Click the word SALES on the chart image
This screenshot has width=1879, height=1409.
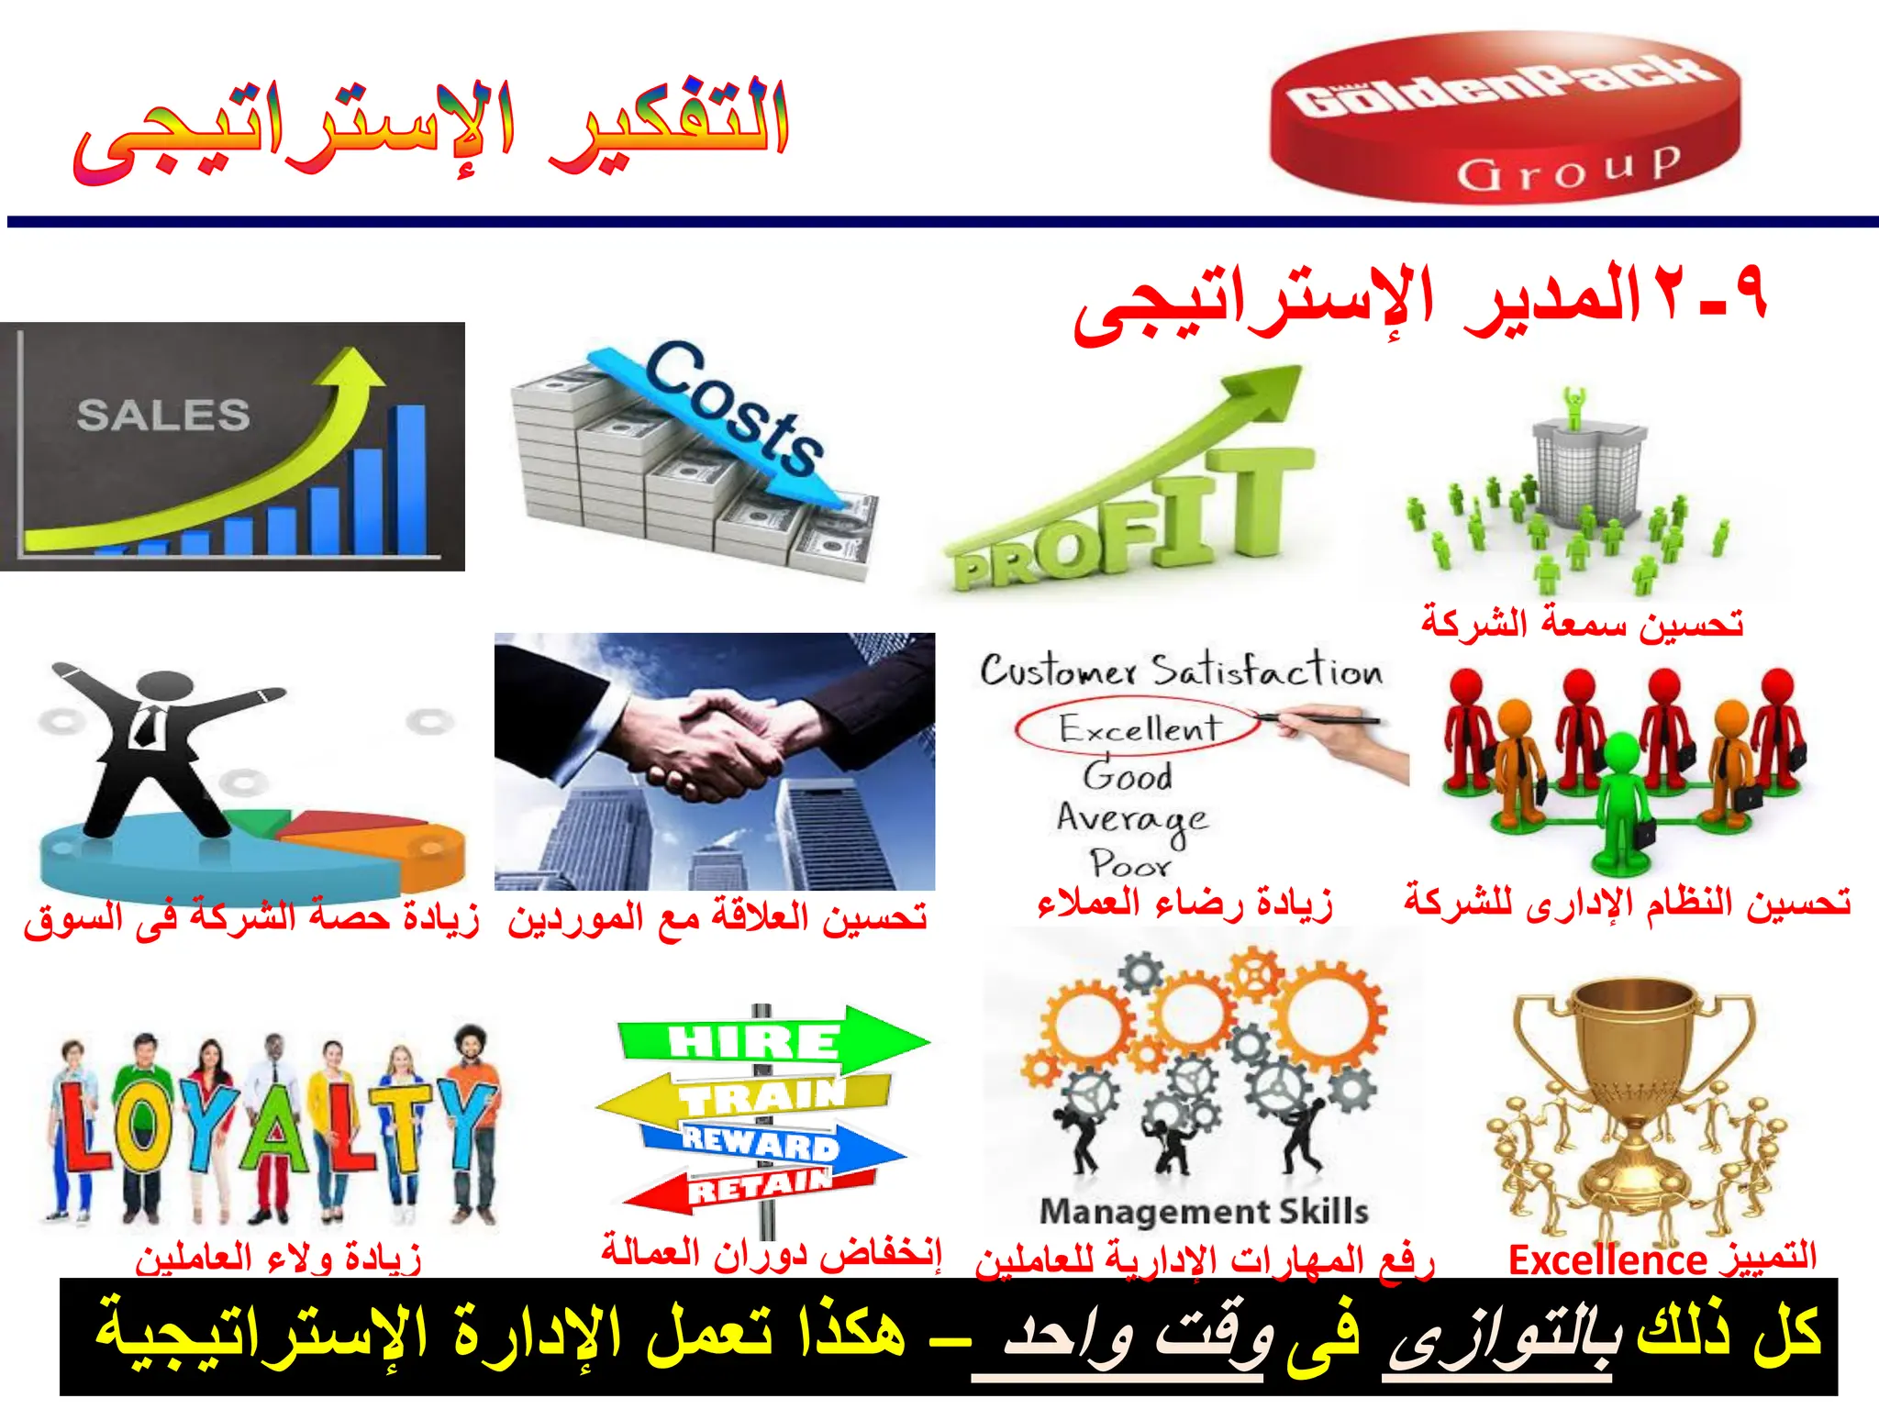pos(163,416)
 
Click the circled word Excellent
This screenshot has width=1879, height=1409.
pos(1139,728)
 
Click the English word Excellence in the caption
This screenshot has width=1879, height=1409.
pos(1607,1260)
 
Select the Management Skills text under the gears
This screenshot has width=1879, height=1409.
pos(1204,1212)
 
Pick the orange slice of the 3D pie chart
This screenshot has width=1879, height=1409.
pos(395,844)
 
